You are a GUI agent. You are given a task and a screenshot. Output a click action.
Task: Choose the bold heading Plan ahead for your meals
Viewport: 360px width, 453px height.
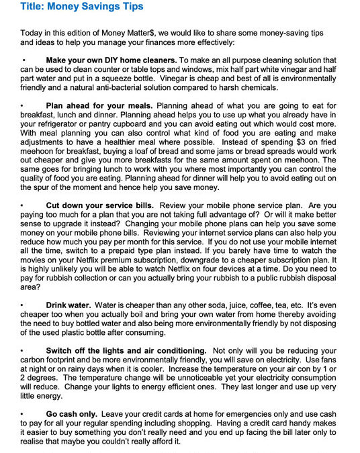[99, 106]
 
